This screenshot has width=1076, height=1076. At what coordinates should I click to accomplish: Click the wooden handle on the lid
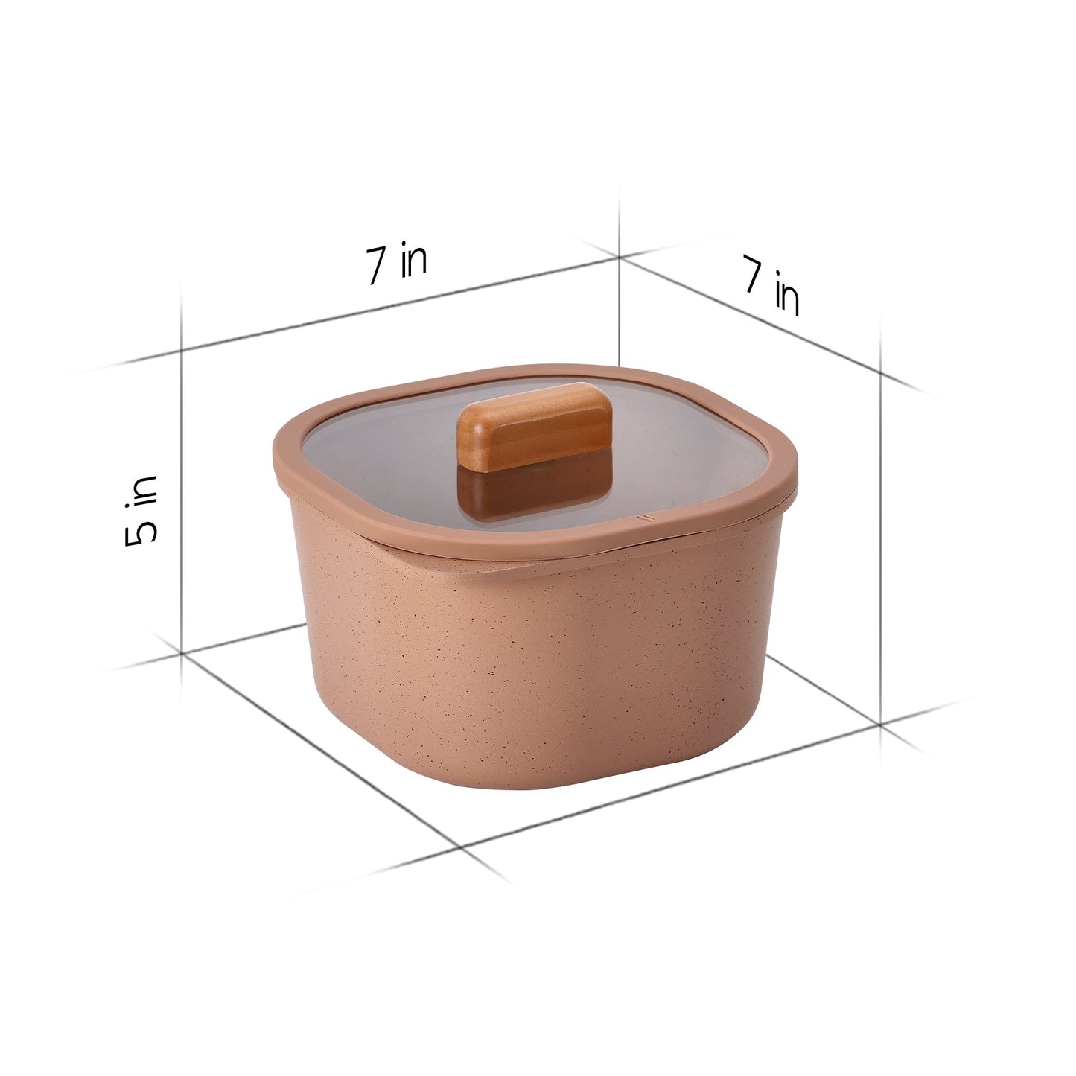point(535,425)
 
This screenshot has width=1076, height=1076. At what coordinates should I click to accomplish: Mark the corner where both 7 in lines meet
point(620,257)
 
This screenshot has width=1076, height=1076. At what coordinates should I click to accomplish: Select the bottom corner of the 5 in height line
point(182,652)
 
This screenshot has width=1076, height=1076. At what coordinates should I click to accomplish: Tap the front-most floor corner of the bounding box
point(463,847)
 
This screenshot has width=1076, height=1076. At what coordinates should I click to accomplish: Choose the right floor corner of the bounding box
point(881,722)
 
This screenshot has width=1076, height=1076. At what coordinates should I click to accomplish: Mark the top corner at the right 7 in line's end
point(881,370)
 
